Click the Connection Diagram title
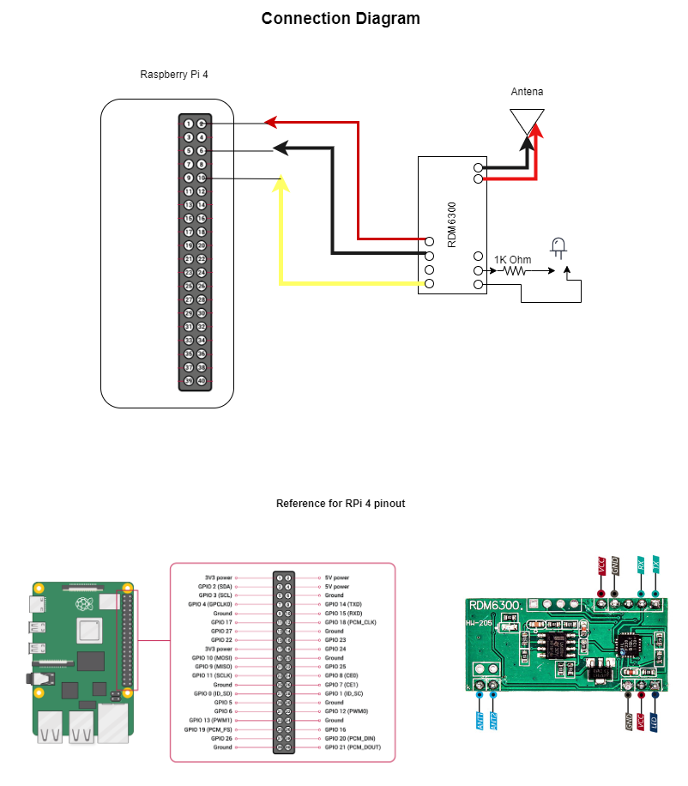click(341, 18)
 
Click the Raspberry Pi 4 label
click(174, 75)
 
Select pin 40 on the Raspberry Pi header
click(202, 381)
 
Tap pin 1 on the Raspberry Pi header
click(188, 124)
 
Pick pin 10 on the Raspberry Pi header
click(202, 178)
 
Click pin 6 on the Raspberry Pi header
click(202, 151)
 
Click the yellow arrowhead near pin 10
click(281, 182)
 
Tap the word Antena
click(527, 92)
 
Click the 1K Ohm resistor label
click(512, 259)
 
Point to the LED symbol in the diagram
click(558, 248)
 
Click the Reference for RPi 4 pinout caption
click(341, 504)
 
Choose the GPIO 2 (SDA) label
click(214, 586)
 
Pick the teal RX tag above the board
click(640, 565)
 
